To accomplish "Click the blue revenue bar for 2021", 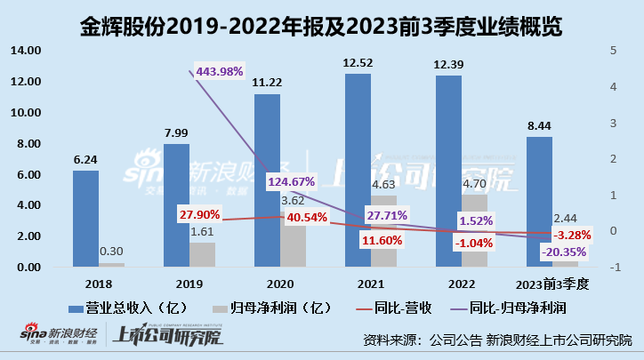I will pyautogui.click(x=358, y=169).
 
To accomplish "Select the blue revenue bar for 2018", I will pyautogui.click(x=85, y=219).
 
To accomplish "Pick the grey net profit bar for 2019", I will pyautogui.click(x=203, y=255).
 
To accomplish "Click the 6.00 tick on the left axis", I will pyautogui.click(x=28, y=174).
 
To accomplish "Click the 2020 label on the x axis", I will pyautogui.click(x=280, y=284).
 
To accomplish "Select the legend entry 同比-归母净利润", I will pyautogui.click(x=517, y=308).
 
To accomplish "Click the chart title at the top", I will pyautogui.click(x=322, y=20).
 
